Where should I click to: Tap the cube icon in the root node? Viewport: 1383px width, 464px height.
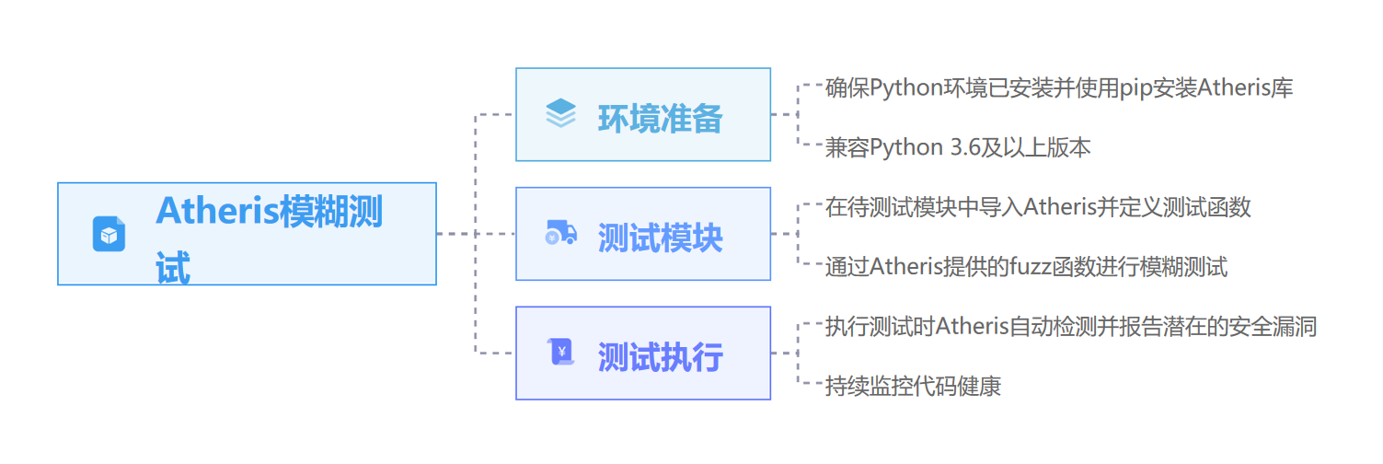tap(109, 234)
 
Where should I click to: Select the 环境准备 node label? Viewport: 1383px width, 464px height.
tap(660, 119)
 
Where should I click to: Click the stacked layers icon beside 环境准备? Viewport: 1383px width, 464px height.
tap(560, 114)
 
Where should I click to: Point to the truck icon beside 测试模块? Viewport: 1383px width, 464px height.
tap(560, 234)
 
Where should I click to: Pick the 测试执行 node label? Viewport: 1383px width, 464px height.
tap(660, 357)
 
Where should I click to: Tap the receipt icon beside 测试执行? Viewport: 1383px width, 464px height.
tap(560, 353)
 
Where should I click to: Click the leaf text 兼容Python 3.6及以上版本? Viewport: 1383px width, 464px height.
tap(957, 147)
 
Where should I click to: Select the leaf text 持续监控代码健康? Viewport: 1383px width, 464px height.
tap(912, 386)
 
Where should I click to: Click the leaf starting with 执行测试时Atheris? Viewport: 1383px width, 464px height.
tap(1070, 326)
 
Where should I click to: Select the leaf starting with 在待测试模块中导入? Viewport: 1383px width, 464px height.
tap(1037, 207)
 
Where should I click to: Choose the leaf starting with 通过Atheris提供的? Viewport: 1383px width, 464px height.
tap(1025, 267)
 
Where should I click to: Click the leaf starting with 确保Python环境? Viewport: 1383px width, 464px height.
tap(1059, 88)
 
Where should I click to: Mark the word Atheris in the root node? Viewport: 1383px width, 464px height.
tap(217, 211)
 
